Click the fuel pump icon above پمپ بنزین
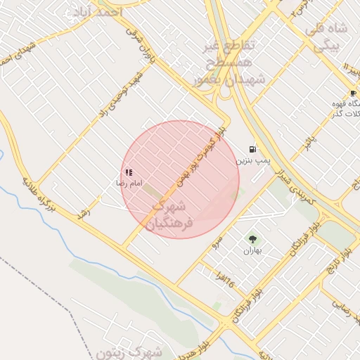point(252,149)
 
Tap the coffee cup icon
point(352,93)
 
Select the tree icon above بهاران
point(252,239)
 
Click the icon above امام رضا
point(129,172)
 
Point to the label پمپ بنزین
point(252,161)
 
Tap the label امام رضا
point(130,183)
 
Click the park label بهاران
point(252,250)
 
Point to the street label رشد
point(84,211)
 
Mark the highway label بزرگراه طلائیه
point(38,195)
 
